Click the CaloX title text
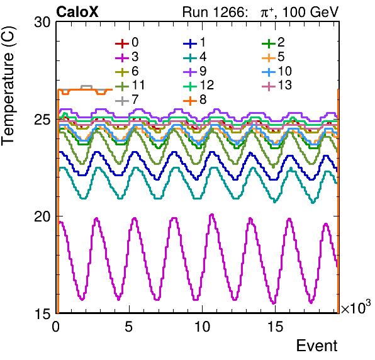pos(77,12)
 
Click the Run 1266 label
pos(215,12)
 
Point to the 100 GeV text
pos(310,12)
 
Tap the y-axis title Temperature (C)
pos(8,86)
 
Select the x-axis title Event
pos(317,346)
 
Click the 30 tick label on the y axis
pos(43,23)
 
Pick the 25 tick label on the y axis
pos(43,120)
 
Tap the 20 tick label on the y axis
pos(43,217)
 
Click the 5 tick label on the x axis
pos(128,327)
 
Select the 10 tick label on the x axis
pos(203,327)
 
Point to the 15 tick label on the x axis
pos(276,327)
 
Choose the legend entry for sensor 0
pos(127,43)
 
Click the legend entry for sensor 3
pos(127,57)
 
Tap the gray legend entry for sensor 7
pos(127,99)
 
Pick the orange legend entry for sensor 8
pos(195,99)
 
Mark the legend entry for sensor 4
pos(195,57)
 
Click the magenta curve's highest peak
pos(211,215)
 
